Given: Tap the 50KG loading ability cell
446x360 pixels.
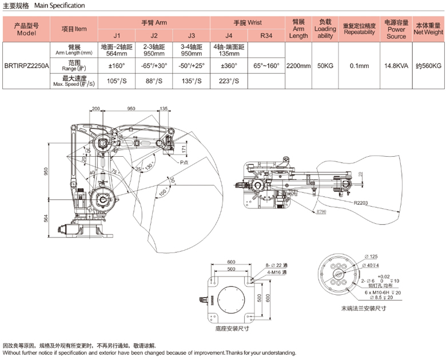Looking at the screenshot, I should click(325, 66).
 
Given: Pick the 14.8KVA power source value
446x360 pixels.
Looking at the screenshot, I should click(396, 66).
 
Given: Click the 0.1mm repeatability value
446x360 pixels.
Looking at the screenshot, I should click(359, 66).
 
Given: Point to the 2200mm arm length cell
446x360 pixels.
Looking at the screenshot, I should click(298, 66).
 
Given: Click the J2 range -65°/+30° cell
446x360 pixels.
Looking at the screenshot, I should click(154, 66).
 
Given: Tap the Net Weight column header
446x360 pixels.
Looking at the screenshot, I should click(428, 29).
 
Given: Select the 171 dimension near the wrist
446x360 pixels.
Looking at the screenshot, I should click(183, 148).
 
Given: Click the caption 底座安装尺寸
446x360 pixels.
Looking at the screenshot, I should click(232, 329).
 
